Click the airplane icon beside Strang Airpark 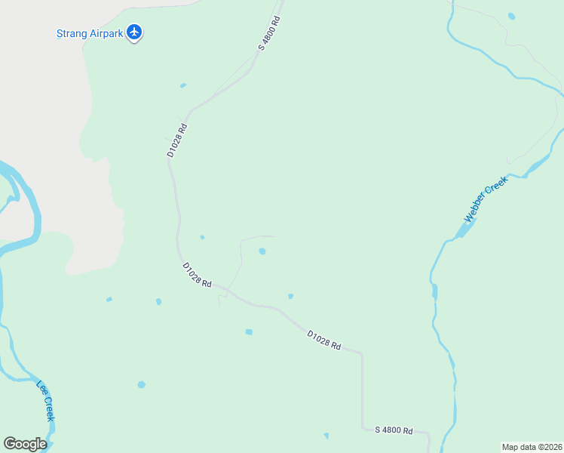pyautogui.click(x=134, y=32)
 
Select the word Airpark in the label pyautogui.click(x=104, y=33)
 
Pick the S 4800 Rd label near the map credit pyautogui.click(x=394, y=430)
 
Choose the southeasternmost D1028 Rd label pyautogui.click(x=324, y=340)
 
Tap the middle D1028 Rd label pyautogui.click(x=197, y=274)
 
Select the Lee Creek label pyautogui.click(x=46, y=400)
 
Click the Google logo pyautogui.click(x=25, y=443)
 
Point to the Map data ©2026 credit pyautogui.click(x=532, y=447)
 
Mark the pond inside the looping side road pyautogui.click(x=262, y=251)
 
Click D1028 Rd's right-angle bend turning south pyautogui.click(x=361, y=353)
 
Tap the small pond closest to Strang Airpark pyautogui.click(x=182, y=85)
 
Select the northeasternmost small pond pyautogui.click(x=512, y=16)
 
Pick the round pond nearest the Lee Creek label pyautogui.click(x=141, y=385)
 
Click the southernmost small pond pyautogui.click(x=326, y=436)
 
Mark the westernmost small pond pyautogui.click(x=109, y=300)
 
